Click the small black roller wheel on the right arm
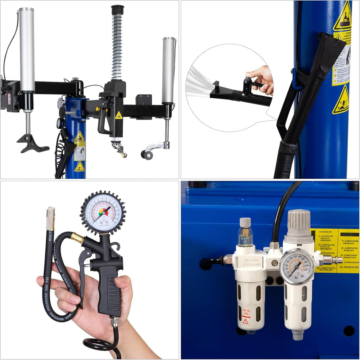coord(147,155)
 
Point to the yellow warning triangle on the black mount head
coord(119,115)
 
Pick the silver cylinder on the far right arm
coord(168,70)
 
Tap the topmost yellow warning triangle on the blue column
coord(342,18)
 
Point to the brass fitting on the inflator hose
coord(77,239)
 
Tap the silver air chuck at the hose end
coord(51,218)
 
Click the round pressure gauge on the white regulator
coord(297,266)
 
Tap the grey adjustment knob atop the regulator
coord(298,220)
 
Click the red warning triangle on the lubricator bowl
coord(245,321)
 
